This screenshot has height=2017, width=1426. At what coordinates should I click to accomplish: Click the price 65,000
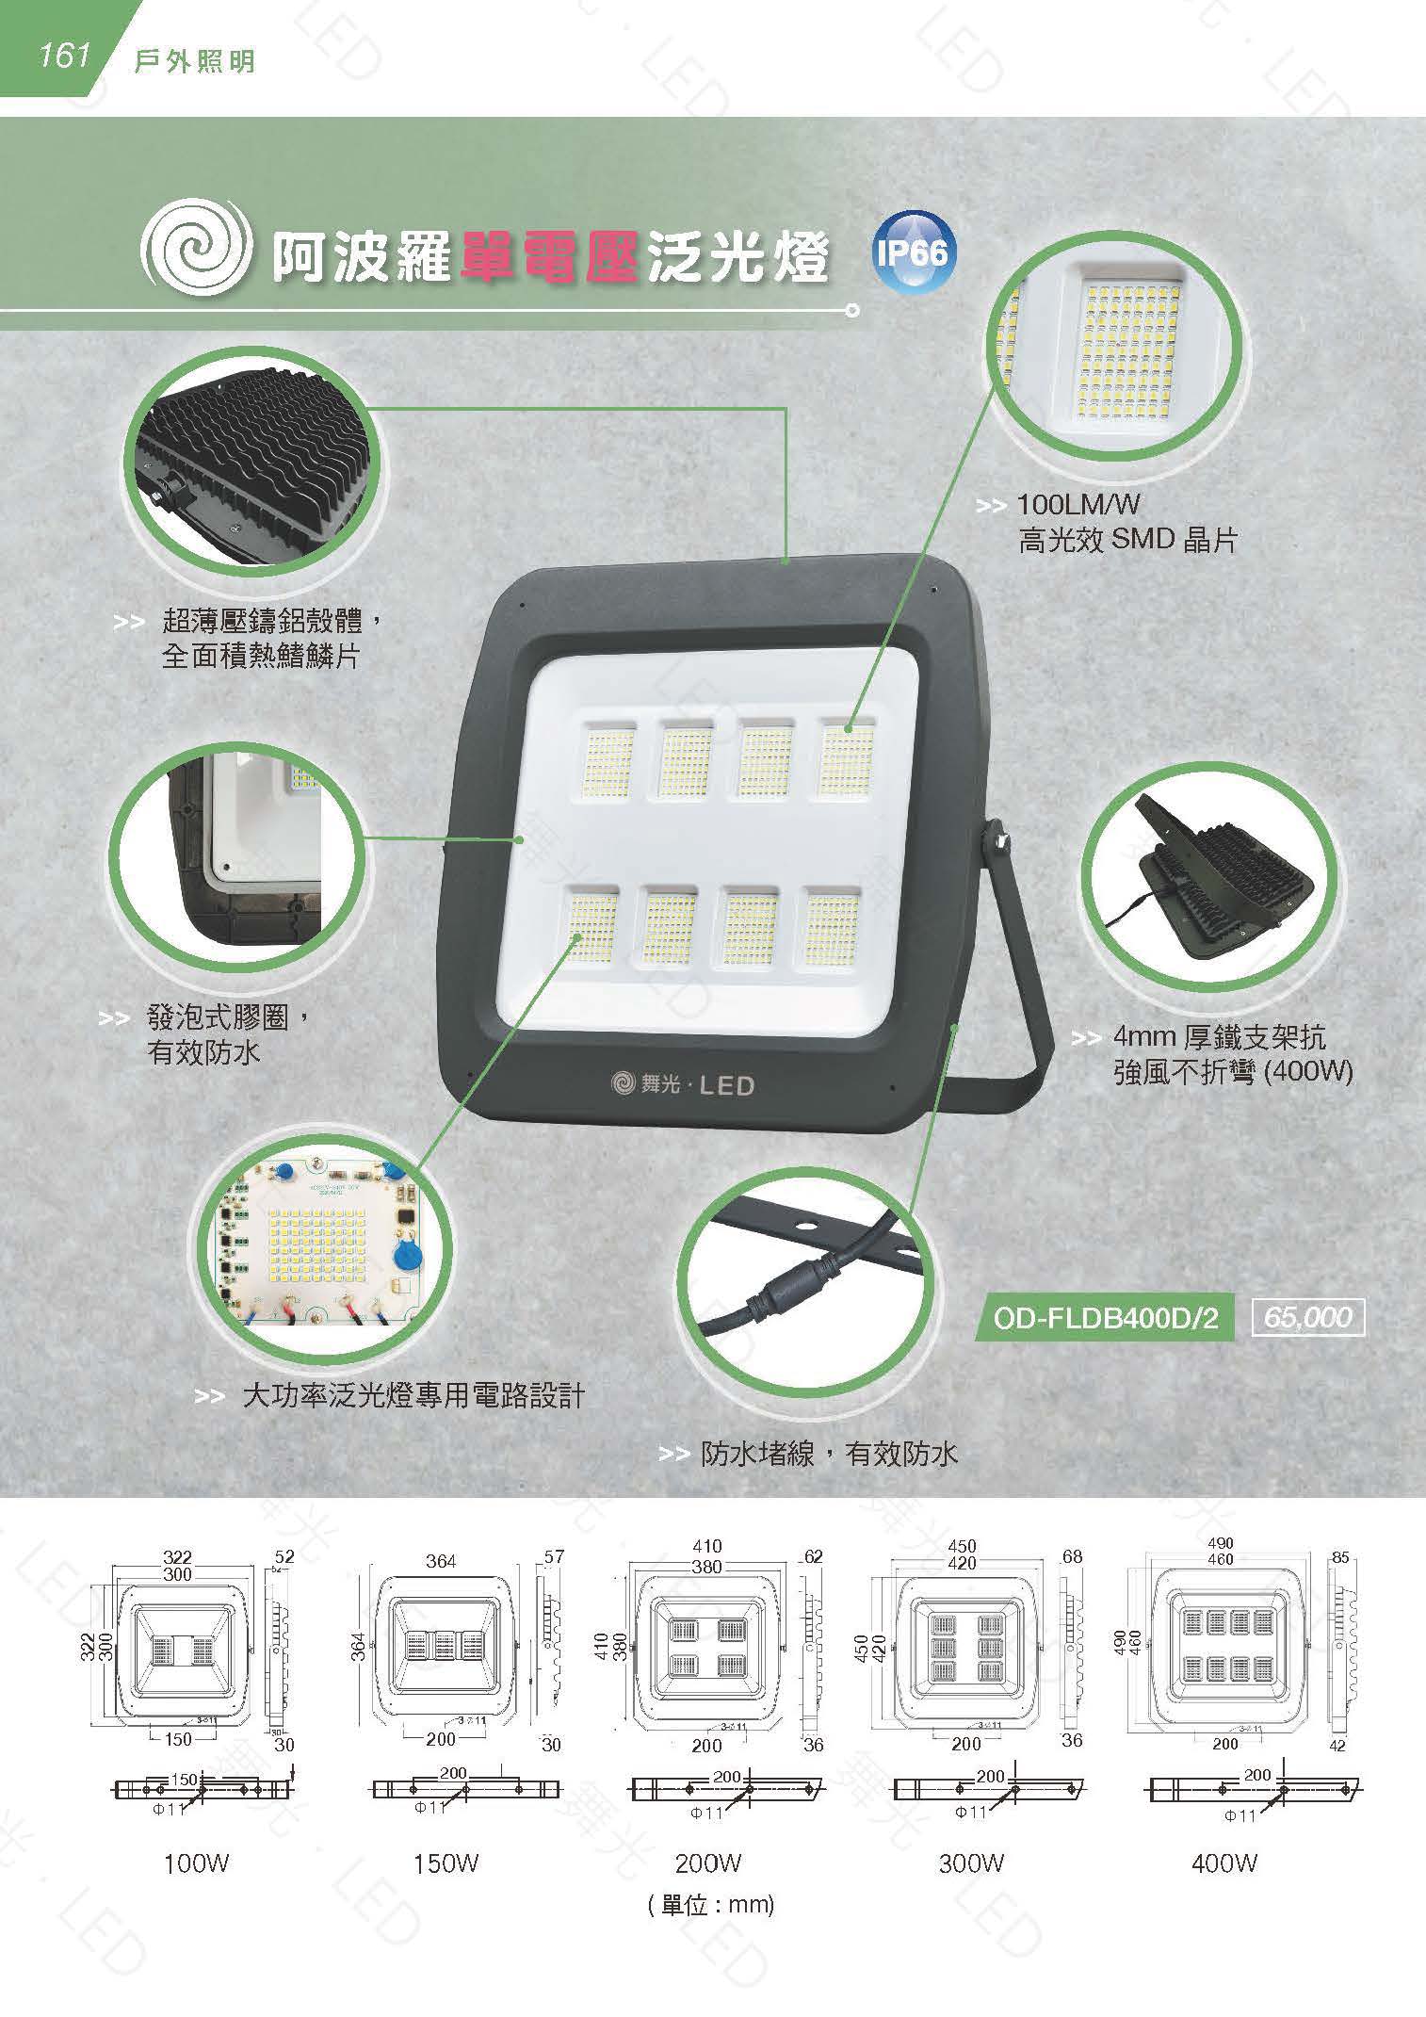click(1307, 1317)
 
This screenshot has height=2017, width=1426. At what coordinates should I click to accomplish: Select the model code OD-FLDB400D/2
click(1105, 1318)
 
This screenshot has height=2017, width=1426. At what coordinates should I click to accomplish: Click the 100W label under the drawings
click(196, 1863)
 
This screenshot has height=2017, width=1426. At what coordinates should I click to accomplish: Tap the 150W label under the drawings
click(446, 1863)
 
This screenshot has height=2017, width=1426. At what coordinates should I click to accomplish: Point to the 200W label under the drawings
click(708, 1863)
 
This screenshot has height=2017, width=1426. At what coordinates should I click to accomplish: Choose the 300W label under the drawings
click(971, 1863)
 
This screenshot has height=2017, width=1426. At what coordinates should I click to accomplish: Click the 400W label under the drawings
click(1224, 1863)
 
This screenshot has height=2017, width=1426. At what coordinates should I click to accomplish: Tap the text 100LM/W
click(1078, 505)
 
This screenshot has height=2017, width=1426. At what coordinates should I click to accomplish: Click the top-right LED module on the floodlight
click(844, 758)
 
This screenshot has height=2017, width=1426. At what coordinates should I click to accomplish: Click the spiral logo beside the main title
click(197, 252)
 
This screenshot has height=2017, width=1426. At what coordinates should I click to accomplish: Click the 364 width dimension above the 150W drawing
click(441, 1562)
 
